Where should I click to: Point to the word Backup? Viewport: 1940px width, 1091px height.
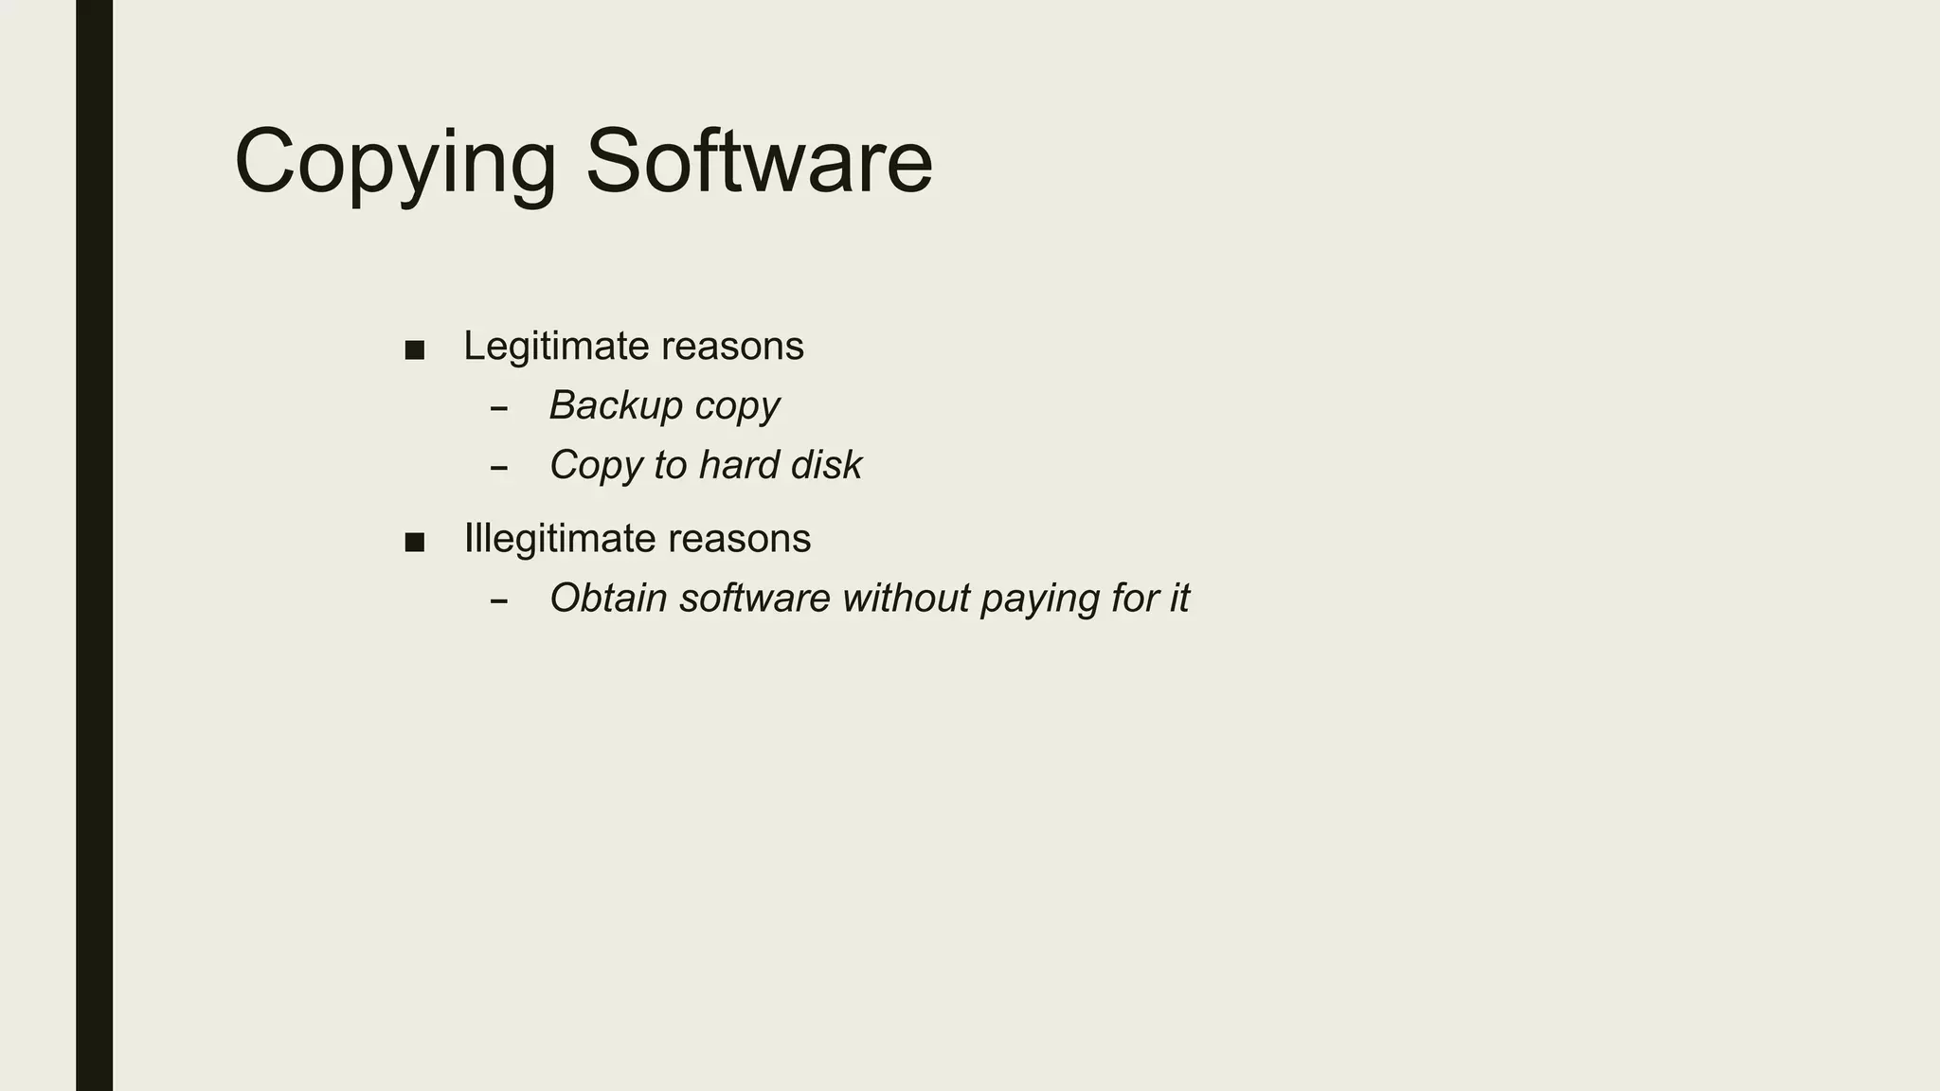point(616,405)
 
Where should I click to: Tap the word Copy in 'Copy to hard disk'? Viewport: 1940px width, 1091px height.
point(596,466)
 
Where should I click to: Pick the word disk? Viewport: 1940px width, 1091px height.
point(826,465)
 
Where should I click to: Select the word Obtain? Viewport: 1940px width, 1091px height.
point(608,599)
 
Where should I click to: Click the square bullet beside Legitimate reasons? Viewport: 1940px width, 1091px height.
point(414,350)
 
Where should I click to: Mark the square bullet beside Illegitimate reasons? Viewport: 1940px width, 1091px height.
point(414,543)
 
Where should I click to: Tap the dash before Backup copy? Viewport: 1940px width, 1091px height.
point(499,409)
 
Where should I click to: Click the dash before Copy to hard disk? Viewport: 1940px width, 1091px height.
point(499,468)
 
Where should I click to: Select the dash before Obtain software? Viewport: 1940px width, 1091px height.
point(499,601)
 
